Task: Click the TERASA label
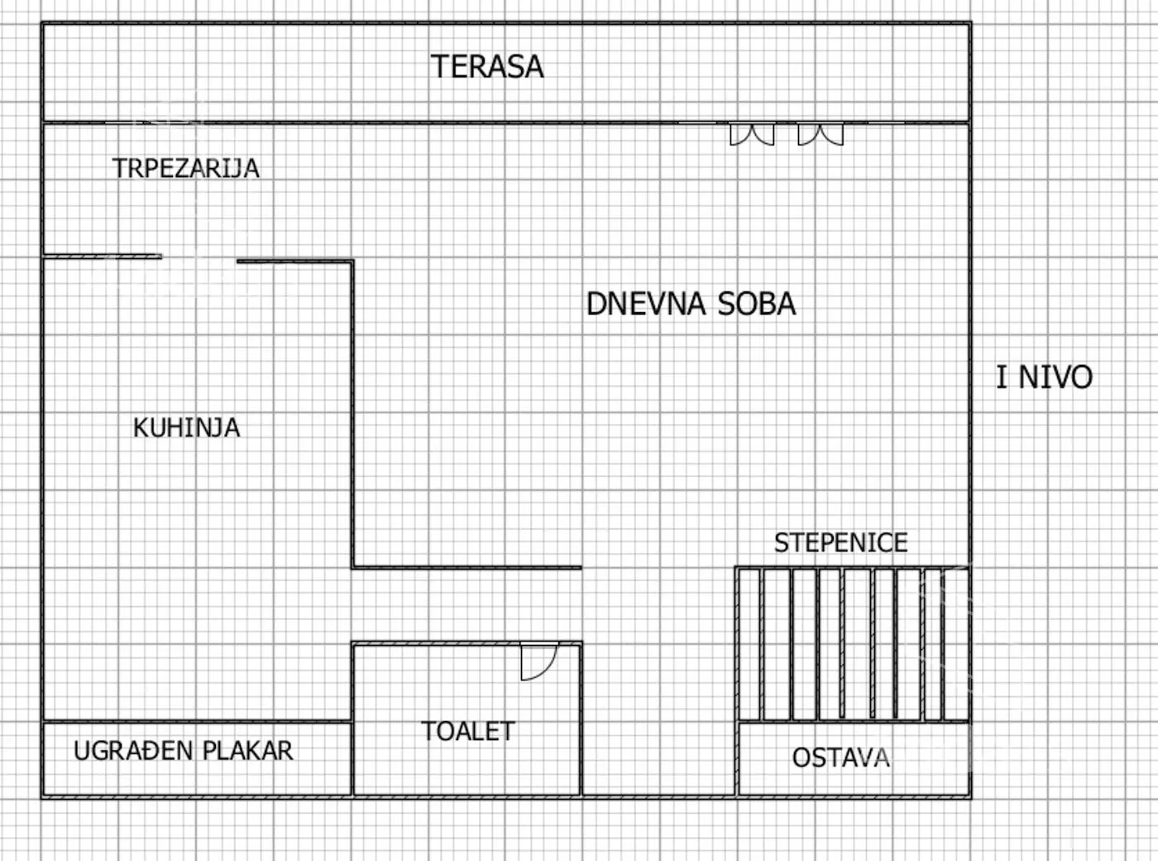click(x=487, y=67)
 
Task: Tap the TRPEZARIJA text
click(x=186, y=169)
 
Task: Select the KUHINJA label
click(x=186, y=428)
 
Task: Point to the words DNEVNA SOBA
click(x=691, y=305)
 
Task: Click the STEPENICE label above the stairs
click(x=840, y=543)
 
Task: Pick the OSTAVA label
click(x=840, y=758)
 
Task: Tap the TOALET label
click(x=467, y=731)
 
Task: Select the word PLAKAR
click(x=247, y=751)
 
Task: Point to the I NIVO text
click(x=1044, y=378)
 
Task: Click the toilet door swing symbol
click(x=538, y=661)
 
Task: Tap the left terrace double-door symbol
click(x=752, y=134)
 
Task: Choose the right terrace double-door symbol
click(x=821, y=134)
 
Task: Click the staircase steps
click(x=852, y=644)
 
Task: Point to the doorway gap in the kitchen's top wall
click(x=199, y=259)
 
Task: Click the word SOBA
click(x=756, y=305)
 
